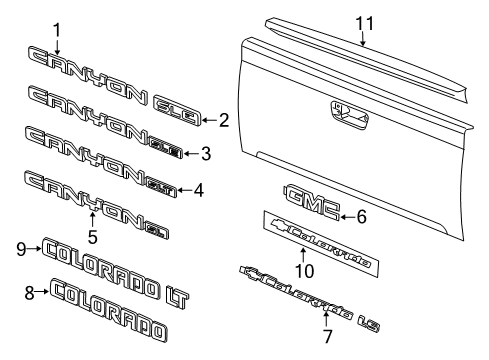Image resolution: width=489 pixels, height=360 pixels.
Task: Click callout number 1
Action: click(x=57, y=29)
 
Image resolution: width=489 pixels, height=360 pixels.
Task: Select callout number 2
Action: click(x=224, y=121)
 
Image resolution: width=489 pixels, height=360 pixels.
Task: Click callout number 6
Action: click(x=362, y=215)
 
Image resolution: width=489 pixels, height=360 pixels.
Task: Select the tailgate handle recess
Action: click(x=344, y=117)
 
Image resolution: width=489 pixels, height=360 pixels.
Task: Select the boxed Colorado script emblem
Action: click(x=322, y=239)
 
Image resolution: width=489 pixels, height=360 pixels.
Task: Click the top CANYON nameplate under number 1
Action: click(x=82, y=63)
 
